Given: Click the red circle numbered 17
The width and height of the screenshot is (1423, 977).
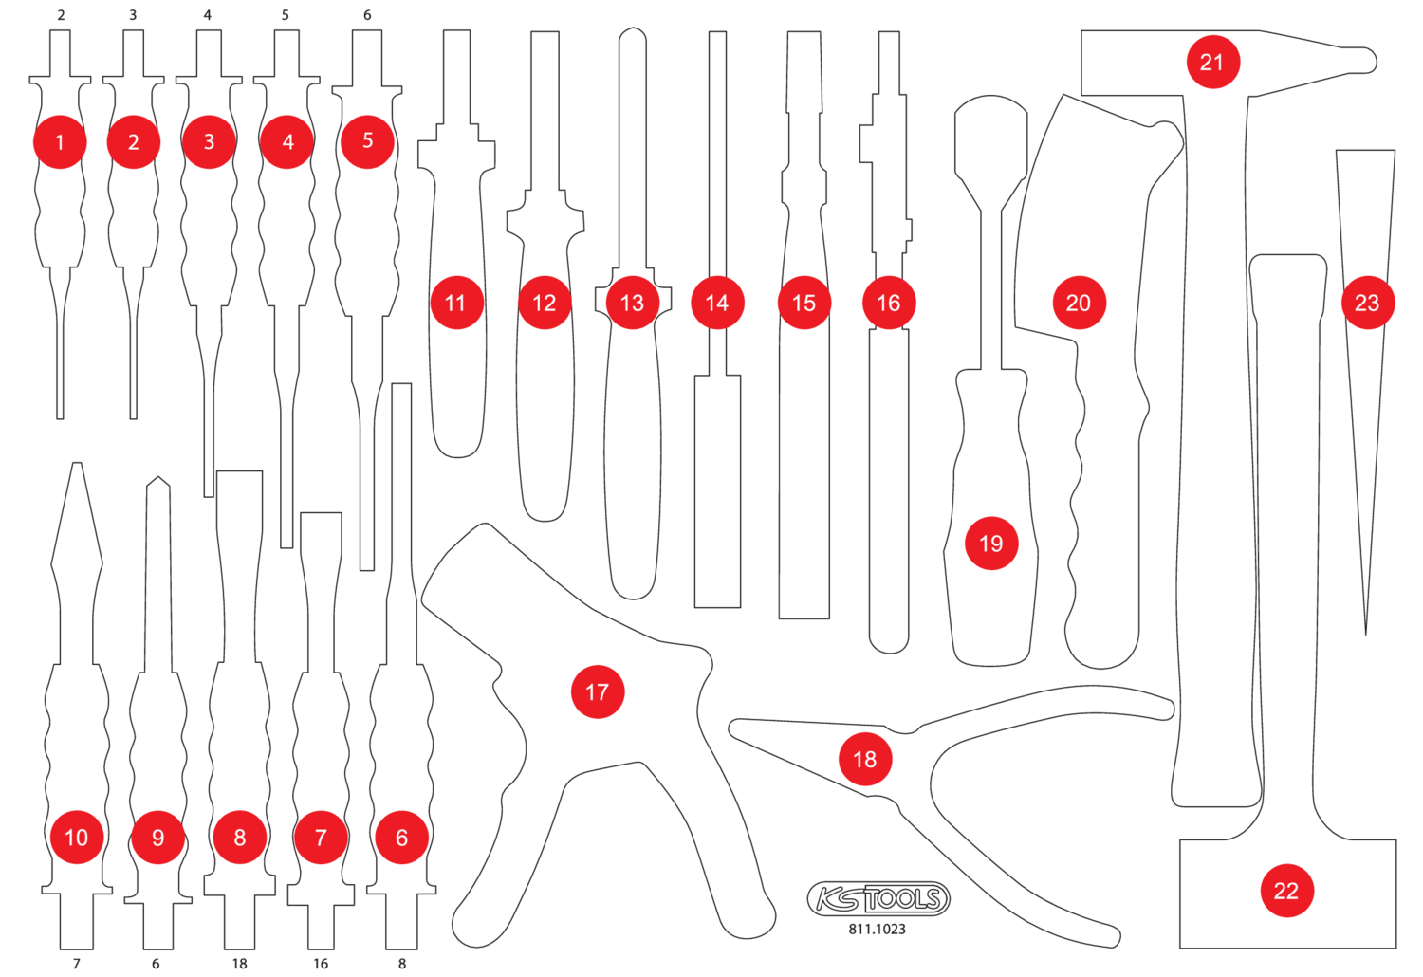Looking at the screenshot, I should click(598, 691).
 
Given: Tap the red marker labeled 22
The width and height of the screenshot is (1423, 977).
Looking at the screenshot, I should click(1286, 891).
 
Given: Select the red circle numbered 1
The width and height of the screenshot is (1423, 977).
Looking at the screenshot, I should click(60, 142).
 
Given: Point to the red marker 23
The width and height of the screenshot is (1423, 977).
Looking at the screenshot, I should click(1367, 303).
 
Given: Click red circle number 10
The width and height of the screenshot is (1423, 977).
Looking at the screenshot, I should click(77, 837).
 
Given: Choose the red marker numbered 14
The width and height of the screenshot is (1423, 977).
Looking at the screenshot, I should click(717, 303).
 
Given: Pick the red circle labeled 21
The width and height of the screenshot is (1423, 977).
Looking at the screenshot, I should click(1212, 63).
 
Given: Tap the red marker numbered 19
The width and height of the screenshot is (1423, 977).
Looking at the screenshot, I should click(991, 544).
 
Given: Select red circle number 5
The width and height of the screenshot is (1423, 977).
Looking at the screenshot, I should click(368, 141).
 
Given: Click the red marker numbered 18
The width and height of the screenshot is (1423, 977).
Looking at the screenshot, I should click(865, 759).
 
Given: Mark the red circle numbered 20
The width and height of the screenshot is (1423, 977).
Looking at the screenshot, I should click(1079, 303).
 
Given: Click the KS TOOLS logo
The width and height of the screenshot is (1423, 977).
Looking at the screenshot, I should click(878, 898).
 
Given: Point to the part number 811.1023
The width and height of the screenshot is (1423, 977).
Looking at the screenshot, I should click(878, 930).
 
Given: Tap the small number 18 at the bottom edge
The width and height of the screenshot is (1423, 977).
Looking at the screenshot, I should click(239, 964).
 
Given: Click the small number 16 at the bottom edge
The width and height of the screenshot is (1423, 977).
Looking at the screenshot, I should click(321, 964).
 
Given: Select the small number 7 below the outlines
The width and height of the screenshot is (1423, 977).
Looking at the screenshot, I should click(77, 964).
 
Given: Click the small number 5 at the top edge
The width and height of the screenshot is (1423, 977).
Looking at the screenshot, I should click(286, 15).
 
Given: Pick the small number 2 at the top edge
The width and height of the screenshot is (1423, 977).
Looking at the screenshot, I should click(62, 15).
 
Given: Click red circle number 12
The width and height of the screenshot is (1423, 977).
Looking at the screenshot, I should click(545, 303).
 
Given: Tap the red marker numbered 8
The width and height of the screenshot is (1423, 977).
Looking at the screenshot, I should click(240, 837).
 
